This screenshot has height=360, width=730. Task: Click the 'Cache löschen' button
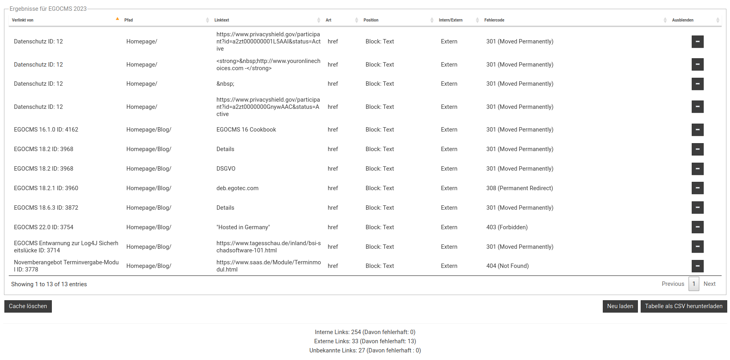28,306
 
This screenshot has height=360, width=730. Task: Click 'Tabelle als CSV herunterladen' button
683,306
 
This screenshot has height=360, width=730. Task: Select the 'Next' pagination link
709,284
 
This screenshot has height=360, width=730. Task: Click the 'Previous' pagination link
673,284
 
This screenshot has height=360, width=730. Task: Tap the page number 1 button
694,284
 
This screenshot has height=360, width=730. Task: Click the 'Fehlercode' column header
494,20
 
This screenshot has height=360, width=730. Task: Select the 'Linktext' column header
222,20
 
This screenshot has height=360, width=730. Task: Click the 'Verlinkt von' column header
23,20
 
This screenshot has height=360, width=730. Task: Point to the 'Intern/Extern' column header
451,20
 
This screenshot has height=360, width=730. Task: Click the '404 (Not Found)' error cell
507,266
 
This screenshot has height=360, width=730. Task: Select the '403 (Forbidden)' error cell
507,227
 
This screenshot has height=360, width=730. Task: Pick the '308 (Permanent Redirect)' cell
519,188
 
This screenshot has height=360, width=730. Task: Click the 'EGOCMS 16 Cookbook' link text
246,130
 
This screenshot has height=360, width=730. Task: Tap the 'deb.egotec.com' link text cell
237,188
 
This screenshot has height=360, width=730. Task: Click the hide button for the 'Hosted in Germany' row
697,227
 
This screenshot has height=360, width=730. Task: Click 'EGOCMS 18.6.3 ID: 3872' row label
46,208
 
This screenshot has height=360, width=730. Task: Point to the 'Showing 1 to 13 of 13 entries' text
49,284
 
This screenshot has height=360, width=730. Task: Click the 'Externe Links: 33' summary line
365,341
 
